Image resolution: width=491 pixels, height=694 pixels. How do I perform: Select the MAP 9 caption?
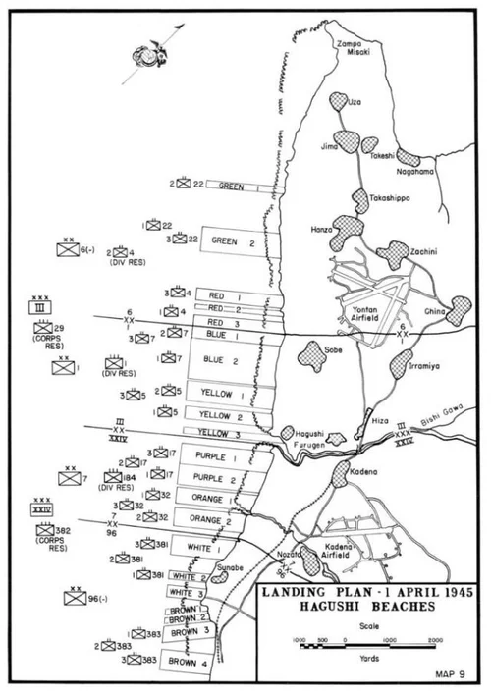(x=459, y=672)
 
